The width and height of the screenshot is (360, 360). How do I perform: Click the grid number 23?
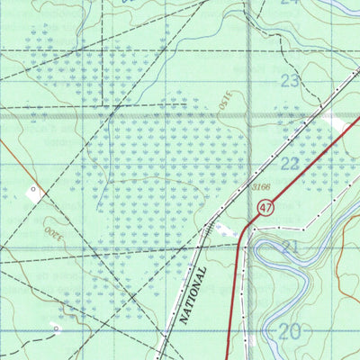(x=289, y=80)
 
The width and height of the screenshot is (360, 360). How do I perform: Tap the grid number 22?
(x=290, y=163)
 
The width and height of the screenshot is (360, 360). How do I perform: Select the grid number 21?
(x=290, y=247)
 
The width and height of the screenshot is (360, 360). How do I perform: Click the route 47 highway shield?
(x=264, y=208)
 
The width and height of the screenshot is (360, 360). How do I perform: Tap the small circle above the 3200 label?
(x=34, y=191)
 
